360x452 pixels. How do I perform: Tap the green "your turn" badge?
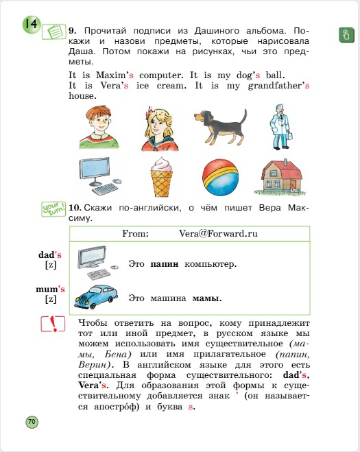point(52,208)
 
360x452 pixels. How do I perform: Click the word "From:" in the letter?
point(135,233)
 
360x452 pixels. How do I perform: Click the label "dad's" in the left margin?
point(50,254)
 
